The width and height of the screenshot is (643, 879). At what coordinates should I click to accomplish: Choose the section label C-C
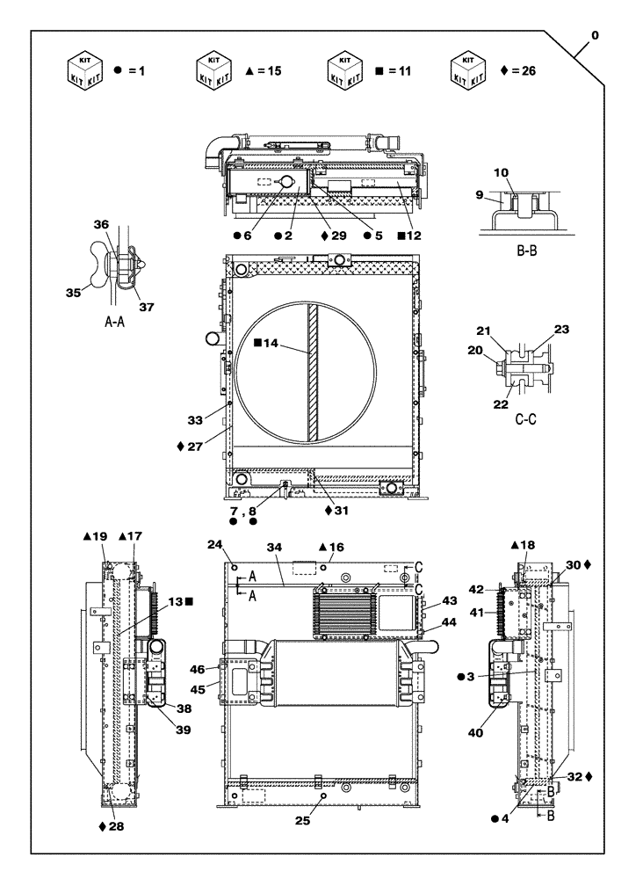(x=525, y=420)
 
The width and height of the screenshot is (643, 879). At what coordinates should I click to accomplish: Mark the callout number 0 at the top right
(x=596, y=35)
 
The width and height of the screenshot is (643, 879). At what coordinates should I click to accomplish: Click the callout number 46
(x=199, y=670)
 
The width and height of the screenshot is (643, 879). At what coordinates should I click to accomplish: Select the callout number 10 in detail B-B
(x=525, y=172)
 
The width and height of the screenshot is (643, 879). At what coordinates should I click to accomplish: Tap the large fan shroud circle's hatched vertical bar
(x=312, y=374)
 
